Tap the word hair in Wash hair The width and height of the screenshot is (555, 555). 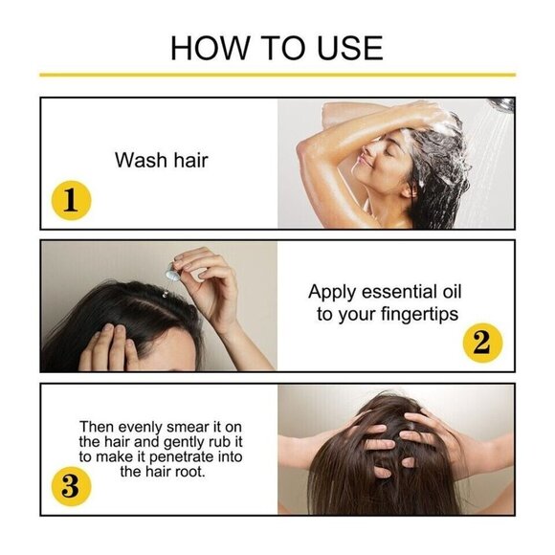pyautogui.click(x=189, y=160)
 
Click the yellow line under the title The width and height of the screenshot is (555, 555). pyautogui.click(x=277, y=74)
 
